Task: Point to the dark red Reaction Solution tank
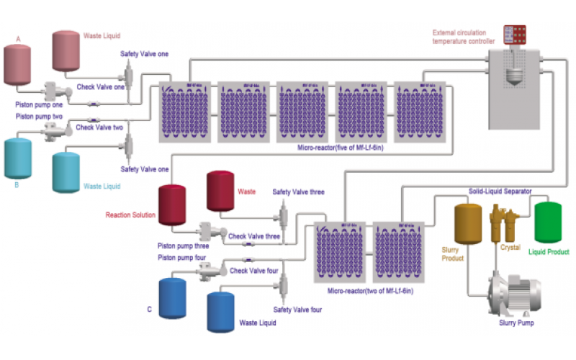coord(172,204)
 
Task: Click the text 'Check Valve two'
coord(100,127)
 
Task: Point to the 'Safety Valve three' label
coord(296,192)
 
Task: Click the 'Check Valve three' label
coord(253,235)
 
